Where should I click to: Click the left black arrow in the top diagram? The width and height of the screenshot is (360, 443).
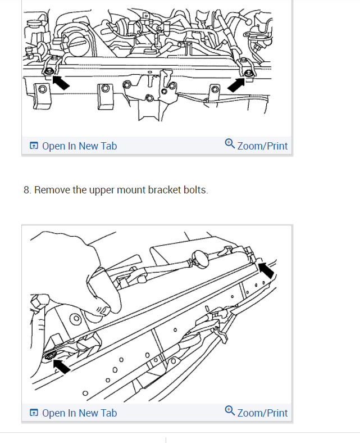[x=61, y=82]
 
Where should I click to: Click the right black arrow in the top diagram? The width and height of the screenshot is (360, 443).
[x=236, y=84]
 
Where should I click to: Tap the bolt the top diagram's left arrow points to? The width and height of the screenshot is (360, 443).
[x=49, y=71]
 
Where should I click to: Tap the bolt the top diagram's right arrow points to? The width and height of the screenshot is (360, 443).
[x=248, y=73]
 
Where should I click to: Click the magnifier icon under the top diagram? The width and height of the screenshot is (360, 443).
[x=230, y=143]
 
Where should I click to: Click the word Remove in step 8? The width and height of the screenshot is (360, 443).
[x=52, y=190]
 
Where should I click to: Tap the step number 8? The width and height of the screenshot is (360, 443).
[x=27, y=190]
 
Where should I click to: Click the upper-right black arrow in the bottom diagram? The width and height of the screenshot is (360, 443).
[x=267, y=270]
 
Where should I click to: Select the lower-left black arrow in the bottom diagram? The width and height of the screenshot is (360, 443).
[x=62, y=367]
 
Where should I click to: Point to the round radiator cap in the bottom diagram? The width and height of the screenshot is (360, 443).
[x=200, y=258]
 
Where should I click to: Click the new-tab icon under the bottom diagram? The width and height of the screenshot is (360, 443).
[x=34, y=413]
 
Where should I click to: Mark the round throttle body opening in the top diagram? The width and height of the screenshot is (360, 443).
[x=77, y=44]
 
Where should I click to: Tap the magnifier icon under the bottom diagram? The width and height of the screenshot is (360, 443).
[x=230, y=410]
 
